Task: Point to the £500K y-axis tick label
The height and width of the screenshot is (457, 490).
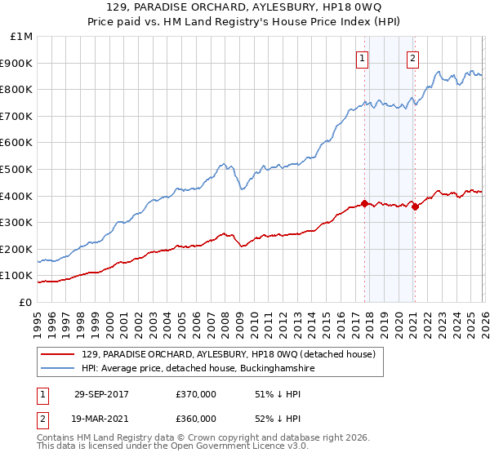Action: [x=19, y=169]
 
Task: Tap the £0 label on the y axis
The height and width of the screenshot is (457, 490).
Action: [x=25, y=302]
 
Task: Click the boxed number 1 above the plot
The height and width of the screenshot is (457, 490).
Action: [x=362, y=58]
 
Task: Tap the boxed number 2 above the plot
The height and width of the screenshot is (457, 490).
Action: [x=413, y=58]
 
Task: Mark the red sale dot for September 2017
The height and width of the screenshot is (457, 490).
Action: [x=364, y=204]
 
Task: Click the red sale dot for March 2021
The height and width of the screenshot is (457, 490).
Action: [x=415, y=206]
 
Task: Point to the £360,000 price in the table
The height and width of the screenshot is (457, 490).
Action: [x=196, y=418]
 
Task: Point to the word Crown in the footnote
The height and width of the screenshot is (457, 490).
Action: [x=216, y=439]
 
